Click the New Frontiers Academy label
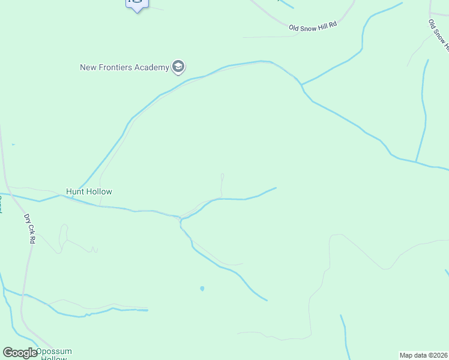click(125, 67)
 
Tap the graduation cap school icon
click(178, 67)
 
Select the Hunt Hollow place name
click(89, 191)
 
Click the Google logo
click(20, 353)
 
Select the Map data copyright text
click(423, 355)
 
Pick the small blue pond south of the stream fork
click(202, 289)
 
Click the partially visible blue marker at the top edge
click(137, 4)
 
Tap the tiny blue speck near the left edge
click(13, 145)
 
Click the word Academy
click(152, 67)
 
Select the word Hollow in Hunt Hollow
click(99, 191)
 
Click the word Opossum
click(54, 351)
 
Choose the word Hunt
click(74, 191)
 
